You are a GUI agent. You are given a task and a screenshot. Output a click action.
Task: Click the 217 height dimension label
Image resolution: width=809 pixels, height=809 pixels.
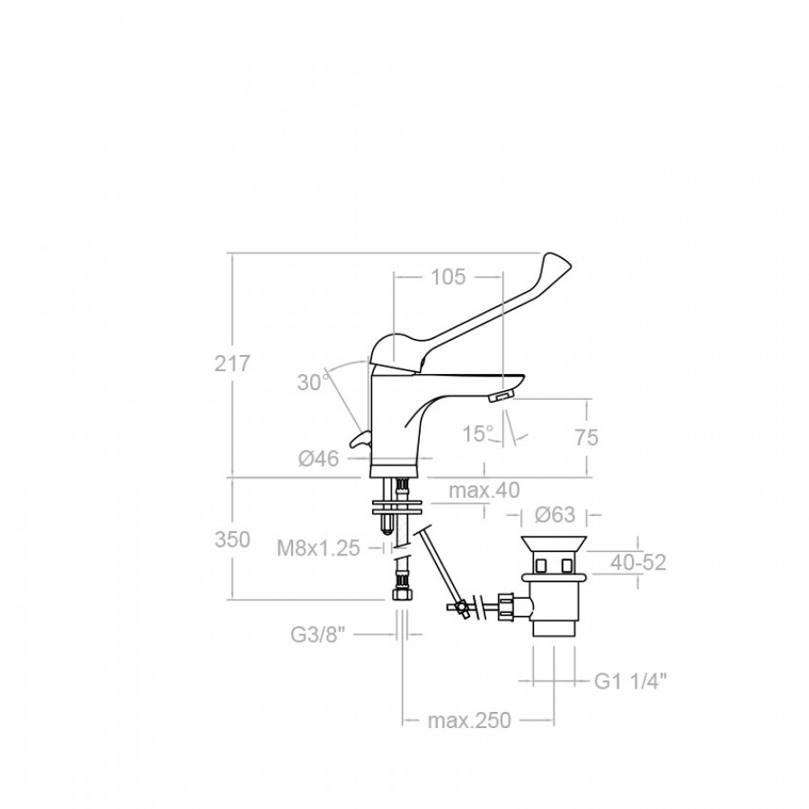[232, 364]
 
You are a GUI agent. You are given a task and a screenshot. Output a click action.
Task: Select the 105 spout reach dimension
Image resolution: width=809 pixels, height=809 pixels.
[448, 277]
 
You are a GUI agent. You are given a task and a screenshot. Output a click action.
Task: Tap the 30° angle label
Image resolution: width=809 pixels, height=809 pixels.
[313, 382]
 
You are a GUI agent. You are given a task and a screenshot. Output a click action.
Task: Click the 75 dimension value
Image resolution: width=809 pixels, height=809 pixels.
[587, 438]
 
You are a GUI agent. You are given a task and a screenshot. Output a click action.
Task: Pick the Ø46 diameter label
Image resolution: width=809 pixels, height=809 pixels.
[319, 458]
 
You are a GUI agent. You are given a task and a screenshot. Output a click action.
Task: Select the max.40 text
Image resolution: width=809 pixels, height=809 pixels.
[484, 490]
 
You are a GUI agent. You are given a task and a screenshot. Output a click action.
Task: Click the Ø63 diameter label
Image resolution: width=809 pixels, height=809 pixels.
[555, 514]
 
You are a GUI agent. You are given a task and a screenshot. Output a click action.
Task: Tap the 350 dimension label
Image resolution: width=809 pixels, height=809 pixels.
[232, 539]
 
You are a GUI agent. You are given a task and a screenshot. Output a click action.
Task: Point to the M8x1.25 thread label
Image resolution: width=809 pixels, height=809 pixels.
[318, 548]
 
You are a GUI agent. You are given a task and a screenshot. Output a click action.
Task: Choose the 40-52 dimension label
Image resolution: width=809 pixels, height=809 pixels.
[638, 563]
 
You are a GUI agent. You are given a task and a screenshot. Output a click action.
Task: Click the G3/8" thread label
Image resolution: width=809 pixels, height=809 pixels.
[317, 634]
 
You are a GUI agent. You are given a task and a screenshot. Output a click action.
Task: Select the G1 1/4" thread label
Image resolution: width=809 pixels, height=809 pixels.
[630, 681]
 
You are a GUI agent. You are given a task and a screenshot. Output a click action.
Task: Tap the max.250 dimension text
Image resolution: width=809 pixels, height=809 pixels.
[469, 720]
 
